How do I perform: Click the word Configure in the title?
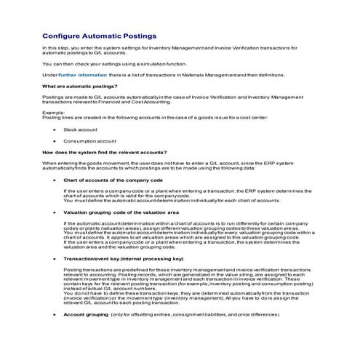(x=62, y=35)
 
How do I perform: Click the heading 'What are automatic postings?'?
(x=80, y=87)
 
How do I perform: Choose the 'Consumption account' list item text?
(x=89, y=140)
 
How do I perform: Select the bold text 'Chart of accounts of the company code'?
(x=113, y=179)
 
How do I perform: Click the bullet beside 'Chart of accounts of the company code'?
(x=54, y=179)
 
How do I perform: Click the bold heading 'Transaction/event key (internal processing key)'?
(x=124, y=258)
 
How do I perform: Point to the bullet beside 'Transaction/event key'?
(x=54, y=258)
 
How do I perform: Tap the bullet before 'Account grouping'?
(x=54, y=314)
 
